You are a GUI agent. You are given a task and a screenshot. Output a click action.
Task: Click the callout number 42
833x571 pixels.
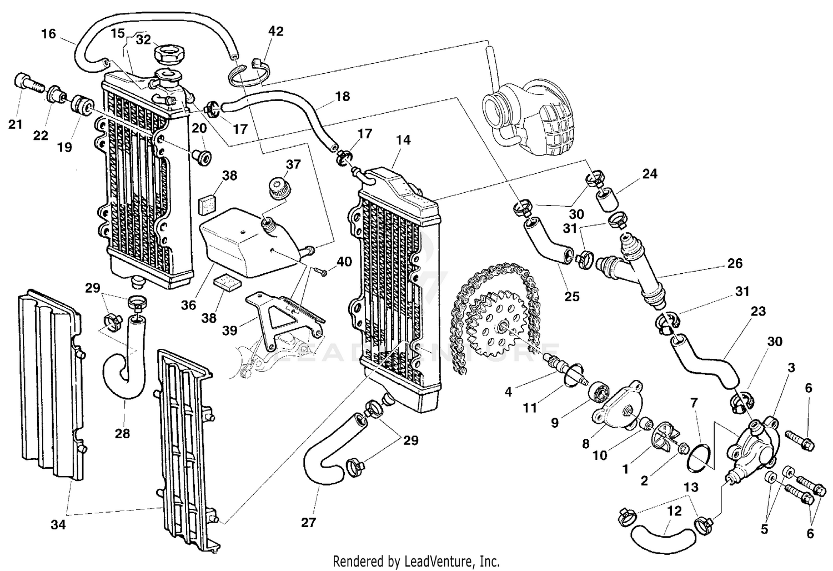point(275,32)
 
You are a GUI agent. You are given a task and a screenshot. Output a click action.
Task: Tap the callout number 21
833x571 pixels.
point(15,124)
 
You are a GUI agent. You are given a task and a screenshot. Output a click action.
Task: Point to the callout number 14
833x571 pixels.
point(404,140)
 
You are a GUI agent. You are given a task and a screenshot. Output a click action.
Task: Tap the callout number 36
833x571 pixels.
point(189,305)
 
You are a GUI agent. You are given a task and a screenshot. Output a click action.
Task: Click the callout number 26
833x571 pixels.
point(735,263)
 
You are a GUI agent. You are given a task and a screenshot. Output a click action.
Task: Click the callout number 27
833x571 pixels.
point(308,522)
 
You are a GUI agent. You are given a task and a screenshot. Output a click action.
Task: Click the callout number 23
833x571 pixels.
point(758,312)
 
